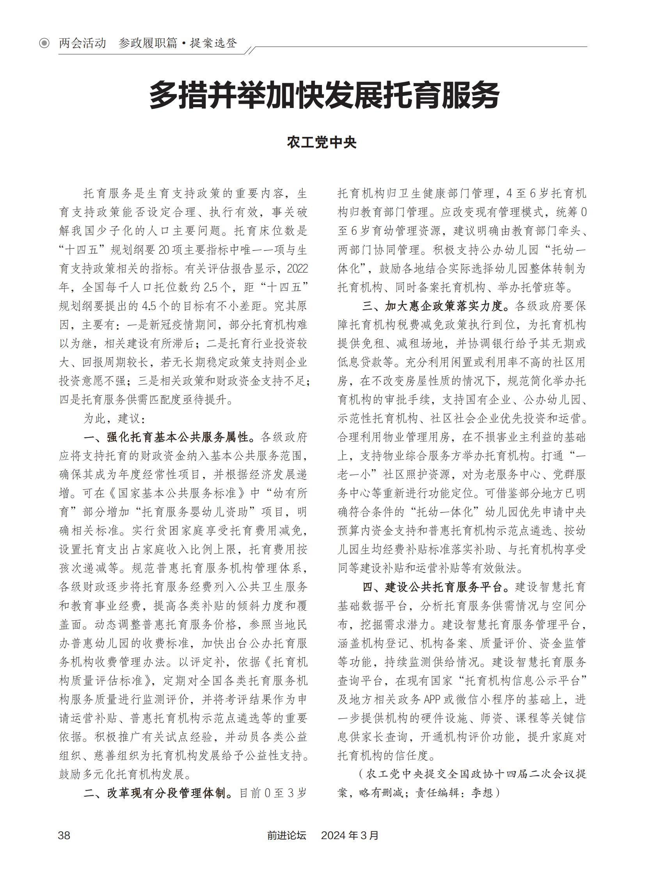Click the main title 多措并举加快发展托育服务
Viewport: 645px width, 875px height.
pyautogui.click(x=324, y=95)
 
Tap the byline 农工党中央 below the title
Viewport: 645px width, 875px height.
pyautogui.click(x=322, y=143)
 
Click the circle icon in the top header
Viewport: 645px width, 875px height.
pyautogui.click(x=44, y=43)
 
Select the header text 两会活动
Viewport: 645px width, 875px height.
pyautogui.click(x=82, y=43)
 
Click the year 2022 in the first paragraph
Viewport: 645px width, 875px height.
pyautogui.click(x=297, y=269)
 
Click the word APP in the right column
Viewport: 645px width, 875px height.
pyautogui.click(x=432, y=700)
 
